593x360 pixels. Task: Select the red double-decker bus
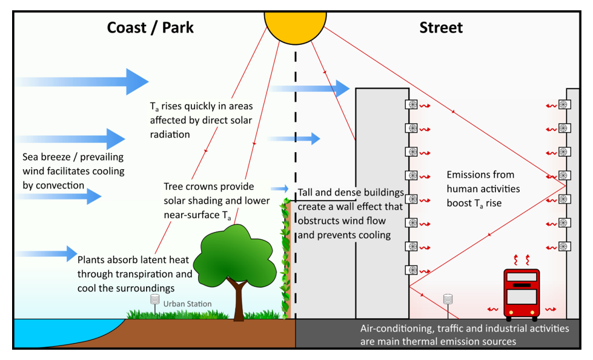coord(521,295)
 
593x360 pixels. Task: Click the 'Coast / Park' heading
coord(150,27)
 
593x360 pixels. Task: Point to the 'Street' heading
coord(440,27)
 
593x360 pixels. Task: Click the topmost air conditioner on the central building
coord(412,104)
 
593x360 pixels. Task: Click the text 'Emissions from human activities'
coord(483,181)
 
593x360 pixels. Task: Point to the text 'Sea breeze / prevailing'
coord(72,157)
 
